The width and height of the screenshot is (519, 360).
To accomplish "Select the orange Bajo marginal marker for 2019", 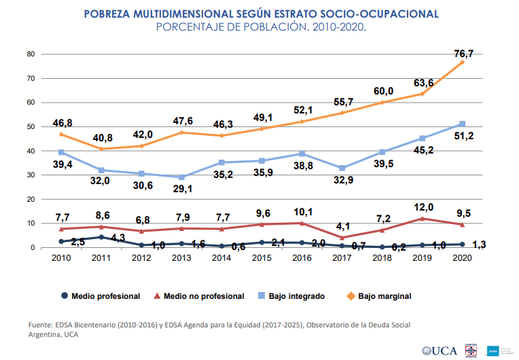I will coord(422,93).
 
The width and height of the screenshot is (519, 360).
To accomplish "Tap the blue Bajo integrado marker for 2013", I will coord(181,177).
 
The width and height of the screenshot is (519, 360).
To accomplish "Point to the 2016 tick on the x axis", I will coord(302,259).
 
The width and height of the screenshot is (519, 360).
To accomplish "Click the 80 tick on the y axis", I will coord(30,54).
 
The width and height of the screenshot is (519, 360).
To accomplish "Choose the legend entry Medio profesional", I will coord(101,296).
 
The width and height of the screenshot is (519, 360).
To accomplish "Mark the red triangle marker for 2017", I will coord(342,238).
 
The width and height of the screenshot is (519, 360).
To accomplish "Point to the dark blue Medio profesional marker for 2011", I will coord(101,237).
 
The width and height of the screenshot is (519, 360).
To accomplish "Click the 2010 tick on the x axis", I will coord(61,259).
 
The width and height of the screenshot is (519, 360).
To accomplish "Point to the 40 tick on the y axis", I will coord(30,151).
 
